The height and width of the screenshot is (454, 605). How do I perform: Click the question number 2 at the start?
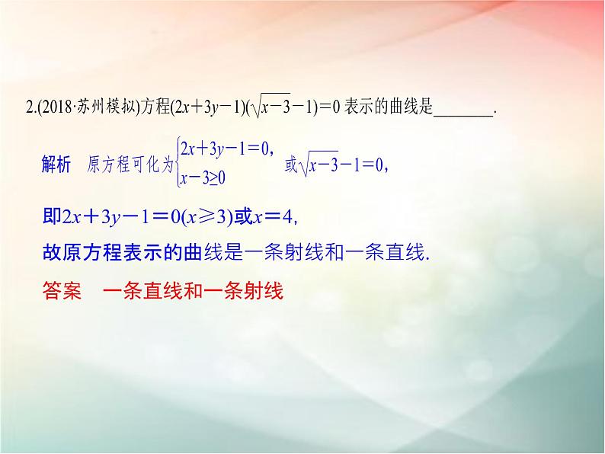pos(28,110)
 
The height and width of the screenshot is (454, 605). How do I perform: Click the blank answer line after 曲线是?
pos(463,111)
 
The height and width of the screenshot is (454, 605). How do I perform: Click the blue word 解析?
pos(56,163)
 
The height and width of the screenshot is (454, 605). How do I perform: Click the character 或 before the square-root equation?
pos(290,164)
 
